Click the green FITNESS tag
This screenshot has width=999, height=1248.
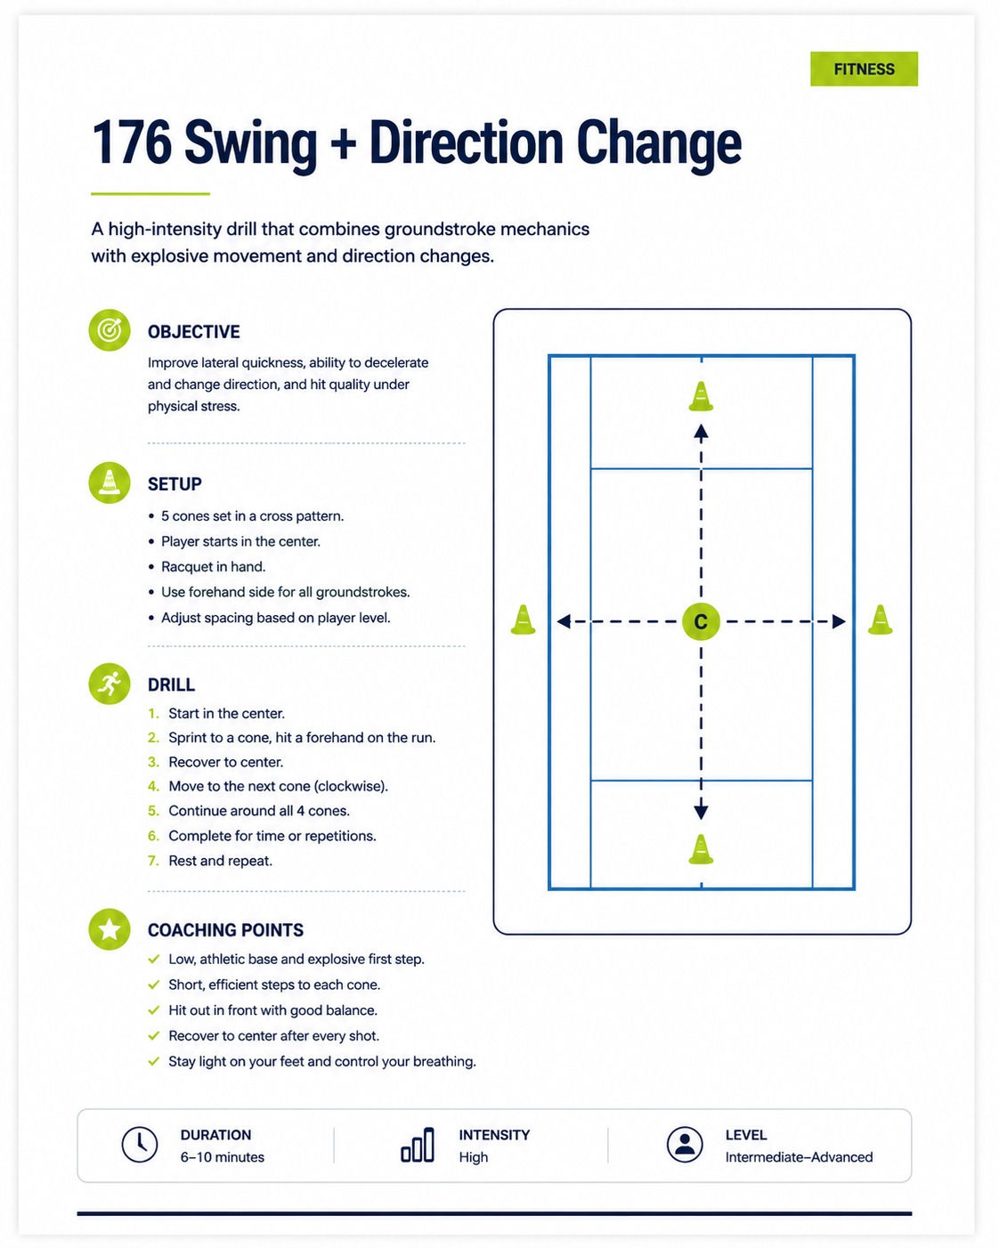864,69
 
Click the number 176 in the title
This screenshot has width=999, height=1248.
132,142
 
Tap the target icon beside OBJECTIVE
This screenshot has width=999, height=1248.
110,330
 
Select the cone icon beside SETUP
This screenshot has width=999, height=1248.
110,482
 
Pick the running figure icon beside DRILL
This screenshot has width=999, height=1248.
110,684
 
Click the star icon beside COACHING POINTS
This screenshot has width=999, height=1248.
110,929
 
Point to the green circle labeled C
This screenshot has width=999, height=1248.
701,621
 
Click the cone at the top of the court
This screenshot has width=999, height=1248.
701,397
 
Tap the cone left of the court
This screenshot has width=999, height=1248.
523,620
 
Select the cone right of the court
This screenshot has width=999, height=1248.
880,620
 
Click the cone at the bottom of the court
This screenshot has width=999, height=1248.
701,849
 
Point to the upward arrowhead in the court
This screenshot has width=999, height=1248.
701,432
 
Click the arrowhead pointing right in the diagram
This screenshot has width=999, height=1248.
839,621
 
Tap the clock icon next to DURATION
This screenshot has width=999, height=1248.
139,1144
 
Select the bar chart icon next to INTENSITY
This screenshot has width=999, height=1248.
418,1144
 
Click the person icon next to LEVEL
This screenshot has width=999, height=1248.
685,1144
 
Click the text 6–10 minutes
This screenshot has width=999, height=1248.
223,1157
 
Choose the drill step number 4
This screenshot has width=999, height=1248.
153,786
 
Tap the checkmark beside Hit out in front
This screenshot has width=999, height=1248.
154,1010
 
